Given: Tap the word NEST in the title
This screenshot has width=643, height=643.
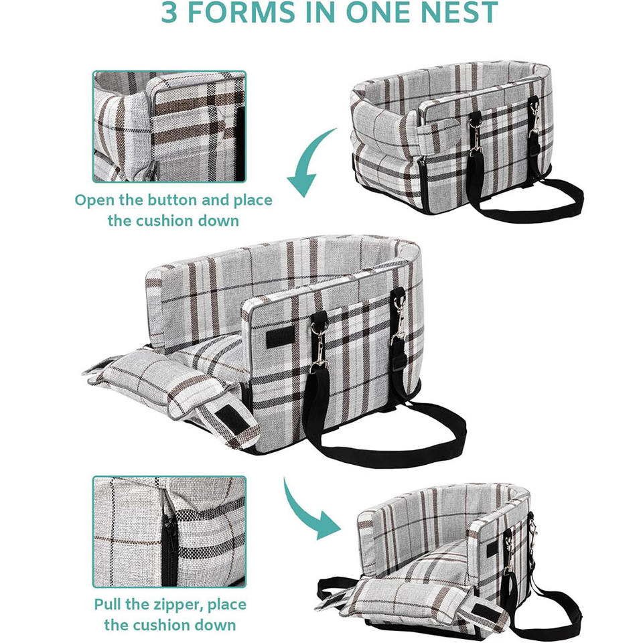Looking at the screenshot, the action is point(453,13).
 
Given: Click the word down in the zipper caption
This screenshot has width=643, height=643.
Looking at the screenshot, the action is point(216,625).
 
